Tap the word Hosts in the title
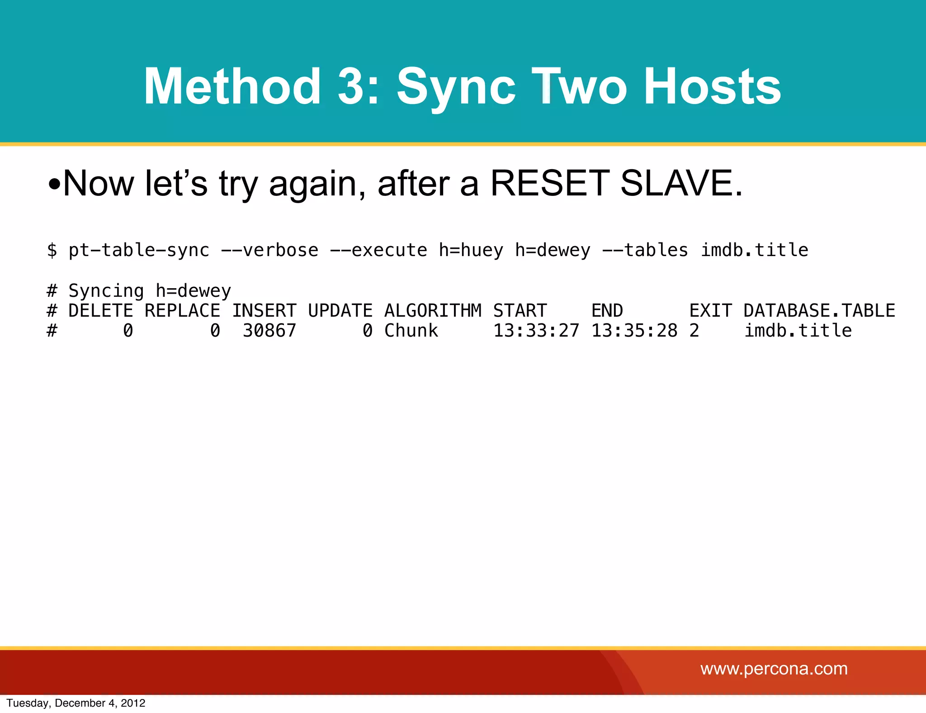pyautogui.click(x=712, y=86)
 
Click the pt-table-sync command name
pyautogui.click(x=139, y=250)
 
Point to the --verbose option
pyautogui.click(x=269, y=250)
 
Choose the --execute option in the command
pyautogui.click(x=378, y=250)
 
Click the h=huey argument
pyautogui.click(x=471, y=250)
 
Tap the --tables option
pyautogui.click(x=645, y=250)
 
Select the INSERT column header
pyautogui.click(x=264, y=311)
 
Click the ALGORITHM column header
pyautogui.click(x=433, y=311)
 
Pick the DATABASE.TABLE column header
pyautogui.click(x=819, y=311)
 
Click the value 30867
pyautogui.click(x=269, y=331)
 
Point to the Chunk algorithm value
pyautogui.click(x=411, y=331)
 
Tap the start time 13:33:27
pyautogui.click(x=536, y=331)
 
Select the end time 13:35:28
pyautogui.click(x=634, y=331)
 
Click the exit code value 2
pyautogui.click(x=694, y=331)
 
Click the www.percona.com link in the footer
pyautogui.click(x=774, y=669)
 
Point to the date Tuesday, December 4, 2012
pyautogui.click(x=76, y=703)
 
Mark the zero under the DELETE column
pyautogui.click(x=128, y=331)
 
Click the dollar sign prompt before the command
pyautogui.click(x=52, y=250)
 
